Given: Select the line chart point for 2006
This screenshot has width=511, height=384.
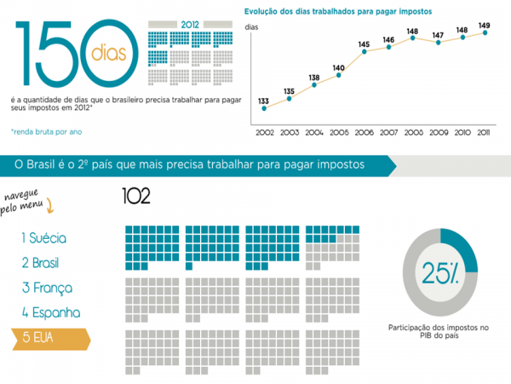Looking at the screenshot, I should point(364,52).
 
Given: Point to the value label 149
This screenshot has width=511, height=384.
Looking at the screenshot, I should point(484,25).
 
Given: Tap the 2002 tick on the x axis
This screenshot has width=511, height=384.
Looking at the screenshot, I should point(264,132).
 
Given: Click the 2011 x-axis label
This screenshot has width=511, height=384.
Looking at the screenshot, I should point(484,132).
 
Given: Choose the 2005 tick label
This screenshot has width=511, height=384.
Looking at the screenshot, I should point(338,132).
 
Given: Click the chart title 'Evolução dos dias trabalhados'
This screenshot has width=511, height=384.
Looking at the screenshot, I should point(337,12).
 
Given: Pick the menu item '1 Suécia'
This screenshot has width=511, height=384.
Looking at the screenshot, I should point(44,238).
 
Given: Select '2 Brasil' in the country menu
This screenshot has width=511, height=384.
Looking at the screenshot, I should point(41,262).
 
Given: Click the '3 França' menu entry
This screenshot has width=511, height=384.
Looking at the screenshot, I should point(47,288).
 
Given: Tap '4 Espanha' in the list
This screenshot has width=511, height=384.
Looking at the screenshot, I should point(51,312).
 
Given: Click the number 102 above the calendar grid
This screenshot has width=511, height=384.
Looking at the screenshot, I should point(136,197).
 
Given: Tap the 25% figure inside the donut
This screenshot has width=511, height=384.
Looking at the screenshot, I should point(441,272).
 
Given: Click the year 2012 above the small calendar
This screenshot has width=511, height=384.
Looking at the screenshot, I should point(189,24).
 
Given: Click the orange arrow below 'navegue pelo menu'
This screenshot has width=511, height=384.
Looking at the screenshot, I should point(50,205).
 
